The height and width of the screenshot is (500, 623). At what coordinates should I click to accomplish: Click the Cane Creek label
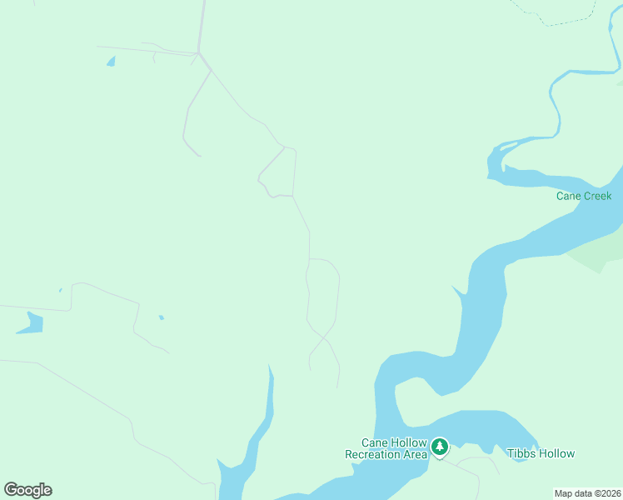584,196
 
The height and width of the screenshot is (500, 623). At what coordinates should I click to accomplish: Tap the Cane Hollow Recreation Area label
386,448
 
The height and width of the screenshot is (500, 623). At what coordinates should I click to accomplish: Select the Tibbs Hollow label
541,453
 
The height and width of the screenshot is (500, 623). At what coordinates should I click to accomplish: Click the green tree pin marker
440,447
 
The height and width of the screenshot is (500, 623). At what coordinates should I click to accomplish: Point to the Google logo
28,490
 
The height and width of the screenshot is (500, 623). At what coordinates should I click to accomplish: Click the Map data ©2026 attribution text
588,492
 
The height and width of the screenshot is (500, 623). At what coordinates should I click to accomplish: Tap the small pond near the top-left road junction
110,61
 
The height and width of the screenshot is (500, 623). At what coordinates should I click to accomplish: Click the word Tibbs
521,453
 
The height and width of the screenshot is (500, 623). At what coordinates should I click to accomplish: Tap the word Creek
597,196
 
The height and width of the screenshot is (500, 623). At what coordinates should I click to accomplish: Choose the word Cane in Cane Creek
569,196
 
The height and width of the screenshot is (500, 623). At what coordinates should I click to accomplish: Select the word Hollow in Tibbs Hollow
556,453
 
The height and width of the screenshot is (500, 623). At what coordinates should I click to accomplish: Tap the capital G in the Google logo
11,489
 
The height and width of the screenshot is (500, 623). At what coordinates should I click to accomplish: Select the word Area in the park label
414,454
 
